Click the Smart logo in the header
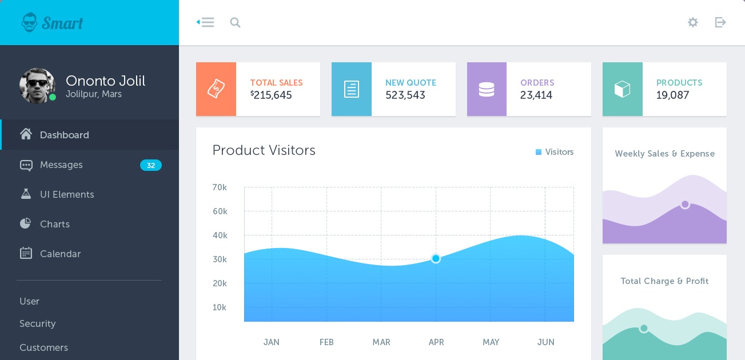(53, 23)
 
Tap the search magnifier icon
(235, 23)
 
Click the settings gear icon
(693, 22)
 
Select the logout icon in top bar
(720, 22)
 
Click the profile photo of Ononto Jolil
(37, 86)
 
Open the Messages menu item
(61, 165)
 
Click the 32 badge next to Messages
(151, 166)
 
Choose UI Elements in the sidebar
(67, 195)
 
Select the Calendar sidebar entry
(60, 254)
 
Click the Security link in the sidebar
(38, 324)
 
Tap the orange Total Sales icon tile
(216, 89)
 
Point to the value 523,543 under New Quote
(405, 95)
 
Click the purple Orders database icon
(487, 89)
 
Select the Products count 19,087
(672, 95)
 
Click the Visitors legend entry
(555, 152)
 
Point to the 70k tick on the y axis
(220, 187)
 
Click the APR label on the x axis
(436, 342)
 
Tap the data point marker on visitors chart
(436, 259)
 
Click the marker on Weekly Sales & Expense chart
(685, 205)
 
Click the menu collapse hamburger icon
(205, 23)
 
